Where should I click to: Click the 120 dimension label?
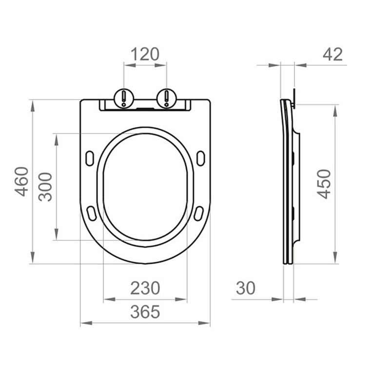point(145,54)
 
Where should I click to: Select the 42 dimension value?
point(332,54)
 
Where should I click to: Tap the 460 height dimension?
point(21,181)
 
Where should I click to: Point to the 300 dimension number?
point(45,187)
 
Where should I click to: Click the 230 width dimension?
point(145,288)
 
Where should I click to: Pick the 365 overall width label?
point(145,312)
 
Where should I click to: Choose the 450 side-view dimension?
point(324,184)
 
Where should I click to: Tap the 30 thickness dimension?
point(246,288)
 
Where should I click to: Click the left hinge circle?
point(124,98)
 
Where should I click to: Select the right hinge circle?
point(167,98)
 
